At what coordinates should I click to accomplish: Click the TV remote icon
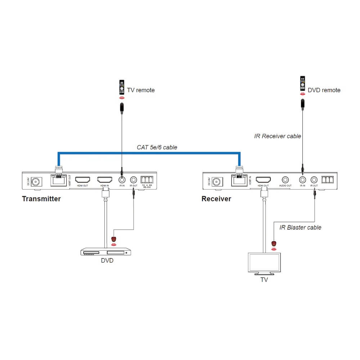[x=122, y=87]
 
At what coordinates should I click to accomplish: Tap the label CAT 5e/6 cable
[x=157, y=147]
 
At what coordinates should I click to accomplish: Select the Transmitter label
[x=41, y=199]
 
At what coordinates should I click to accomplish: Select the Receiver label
[x=216, y=199]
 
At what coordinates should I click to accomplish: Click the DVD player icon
[x=105, y=252]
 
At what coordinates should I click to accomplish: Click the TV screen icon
[x=264, y=264]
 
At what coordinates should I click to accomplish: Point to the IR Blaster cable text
[x=300, y=228]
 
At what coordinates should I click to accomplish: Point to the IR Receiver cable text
[x=278, y=136]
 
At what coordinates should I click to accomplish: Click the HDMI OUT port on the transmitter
[x=82, y=180]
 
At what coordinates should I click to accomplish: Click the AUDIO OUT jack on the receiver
[x=285, y=180]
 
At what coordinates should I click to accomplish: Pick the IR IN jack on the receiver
[x=302, y=180]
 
